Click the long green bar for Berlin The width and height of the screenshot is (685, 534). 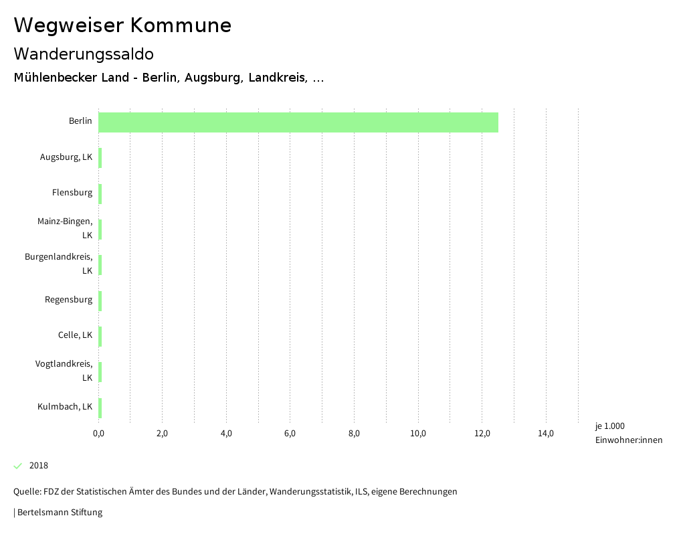tap(298, 122)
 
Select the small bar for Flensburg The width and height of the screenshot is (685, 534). tap(100, 193)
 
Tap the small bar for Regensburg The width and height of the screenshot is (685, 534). tap(100, 300)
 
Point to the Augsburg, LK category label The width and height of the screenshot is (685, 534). tap(66, 157)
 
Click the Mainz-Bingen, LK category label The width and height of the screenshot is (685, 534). tap(65, 228)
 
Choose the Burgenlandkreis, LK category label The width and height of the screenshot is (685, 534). tap(59, 264)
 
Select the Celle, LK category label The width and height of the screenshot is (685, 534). tap(75, 335)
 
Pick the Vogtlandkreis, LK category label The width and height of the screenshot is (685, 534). tap(64, 371)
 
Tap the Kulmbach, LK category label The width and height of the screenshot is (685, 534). tap(65, 406)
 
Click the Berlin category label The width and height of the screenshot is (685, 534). tap(80, 121)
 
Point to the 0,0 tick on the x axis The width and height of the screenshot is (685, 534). tap(98, 434)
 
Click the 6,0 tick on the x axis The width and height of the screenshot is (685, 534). tap(290, 434)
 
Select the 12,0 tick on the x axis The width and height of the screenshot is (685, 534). tap(482, 434)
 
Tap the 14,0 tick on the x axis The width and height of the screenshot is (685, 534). tap(546, 434)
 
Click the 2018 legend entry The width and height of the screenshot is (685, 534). tap(38, 466)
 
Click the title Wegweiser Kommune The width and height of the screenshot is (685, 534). tap(122, 25)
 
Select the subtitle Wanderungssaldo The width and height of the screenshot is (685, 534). tap(84, 54)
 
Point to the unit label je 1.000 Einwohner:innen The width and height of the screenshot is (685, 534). tap(628, 433)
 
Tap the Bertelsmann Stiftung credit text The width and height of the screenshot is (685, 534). tap(60, 513)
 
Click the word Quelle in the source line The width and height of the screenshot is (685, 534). tap(27, 492)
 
